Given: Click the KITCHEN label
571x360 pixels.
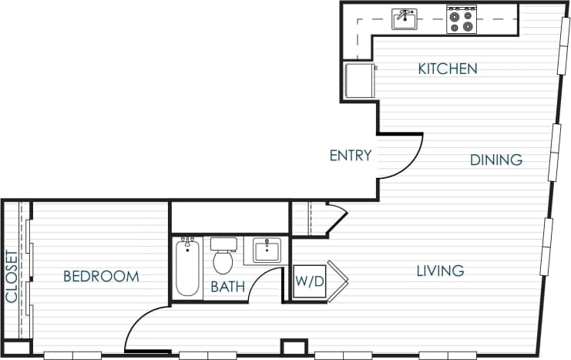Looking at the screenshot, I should pos(447,69).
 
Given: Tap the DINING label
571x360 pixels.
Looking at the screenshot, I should pos(496,160).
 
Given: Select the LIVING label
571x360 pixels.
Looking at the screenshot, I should pos(440,271).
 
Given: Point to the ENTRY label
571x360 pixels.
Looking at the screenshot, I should pos(351,156).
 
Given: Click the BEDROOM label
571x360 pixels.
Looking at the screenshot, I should pos(101,276).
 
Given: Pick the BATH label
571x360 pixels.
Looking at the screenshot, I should pos(228,288).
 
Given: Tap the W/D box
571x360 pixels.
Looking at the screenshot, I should pos(310,282).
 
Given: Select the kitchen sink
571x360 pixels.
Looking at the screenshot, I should pos(405,19).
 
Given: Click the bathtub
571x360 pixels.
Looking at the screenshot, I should pos(187,267).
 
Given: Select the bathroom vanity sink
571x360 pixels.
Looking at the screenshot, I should pos(267,250).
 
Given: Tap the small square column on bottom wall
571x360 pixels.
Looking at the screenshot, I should pos(294,347).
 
